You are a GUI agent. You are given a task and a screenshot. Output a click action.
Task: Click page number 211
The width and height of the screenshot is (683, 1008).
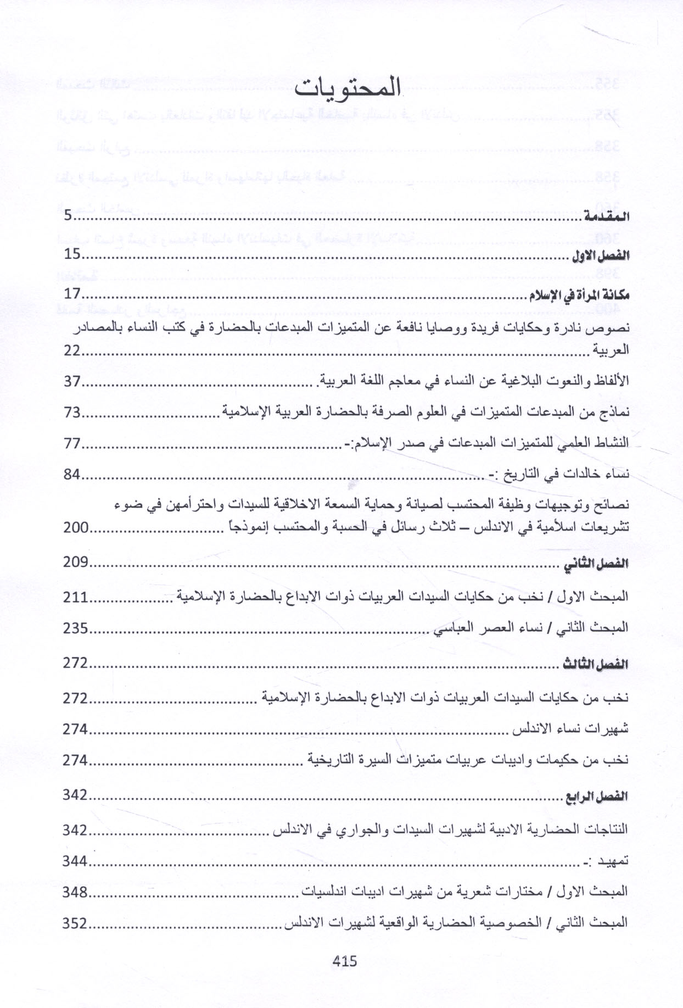pos(76,596)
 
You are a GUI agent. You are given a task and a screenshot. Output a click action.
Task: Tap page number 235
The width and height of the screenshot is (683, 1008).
pos(76,627)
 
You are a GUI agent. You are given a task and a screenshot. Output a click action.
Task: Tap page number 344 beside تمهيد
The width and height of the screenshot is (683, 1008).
pos(76,861)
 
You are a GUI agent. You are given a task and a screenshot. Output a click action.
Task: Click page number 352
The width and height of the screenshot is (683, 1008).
pos(75,923)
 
